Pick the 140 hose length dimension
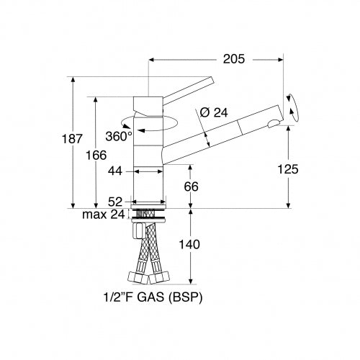(190, 245)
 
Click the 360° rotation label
(120, 135)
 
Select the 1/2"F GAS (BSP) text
(148, 296)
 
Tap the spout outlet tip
(272, 123)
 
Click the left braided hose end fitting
(135, 276)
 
